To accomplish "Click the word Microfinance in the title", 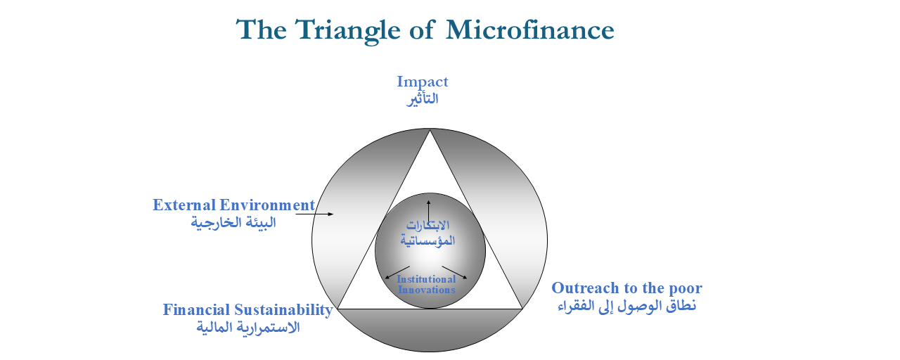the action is (x=530, y=30).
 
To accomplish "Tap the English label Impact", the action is (x=423, y=82).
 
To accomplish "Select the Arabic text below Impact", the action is (x=423, y=99).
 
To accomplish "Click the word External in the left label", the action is (x=184, y=205).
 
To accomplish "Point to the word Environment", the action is (x=267, y=205).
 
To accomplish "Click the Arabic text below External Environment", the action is (x=233, y=223).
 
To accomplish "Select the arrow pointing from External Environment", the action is (x=314, y=214).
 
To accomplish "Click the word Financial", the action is (x=196, y=310).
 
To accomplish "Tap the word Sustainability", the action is (x=283, y=311).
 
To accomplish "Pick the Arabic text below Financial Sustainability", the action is (x=248, y=327).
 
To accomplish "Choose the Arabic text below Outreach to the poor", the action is (x=626, y=306).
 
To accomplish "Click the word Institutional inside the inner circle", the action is (x=426, y=279).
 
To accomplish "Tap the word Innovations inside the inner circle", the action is (x=427, y=290).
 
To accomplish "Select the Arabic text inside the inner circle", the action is (x=427, y=233).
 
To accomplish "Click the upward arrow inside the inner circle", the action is (x=429, y=211).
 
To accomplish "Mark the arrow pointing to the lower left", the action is (x=397, y=272).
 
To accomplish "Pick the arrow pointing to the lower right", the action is (x=454, y=272).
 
